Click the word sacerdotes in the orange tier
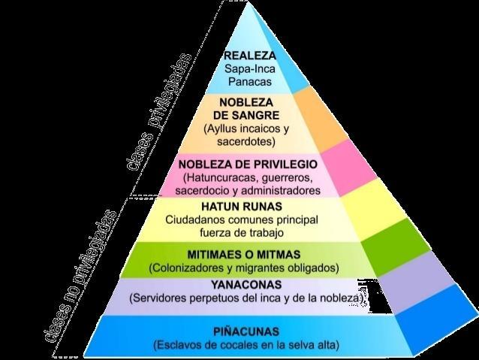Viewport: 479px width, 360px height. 247,141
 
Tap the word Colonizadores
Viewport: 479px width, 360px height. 190,268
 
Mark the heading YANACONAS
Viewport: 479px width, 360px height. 246,285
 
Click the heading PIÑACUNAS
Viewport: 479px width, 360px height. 246,331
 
